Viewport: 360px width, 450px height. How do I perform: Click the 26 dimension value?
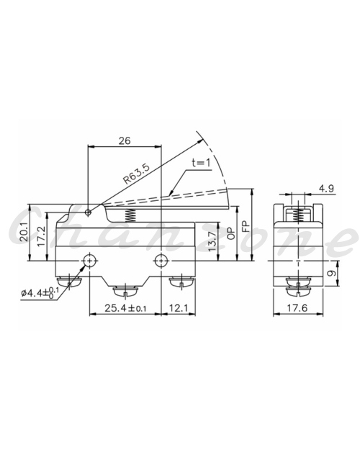pos(125,140)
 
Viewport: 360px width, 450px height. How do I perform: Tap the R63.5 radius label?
pos(137,174)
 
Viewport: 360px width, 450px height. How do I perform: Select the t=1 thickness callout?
pos(201,163)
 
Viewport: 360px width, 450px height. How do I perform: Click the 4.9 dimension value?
pos(326,189)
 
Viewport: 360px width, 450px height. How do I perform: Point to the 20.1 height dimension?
pos(24,232)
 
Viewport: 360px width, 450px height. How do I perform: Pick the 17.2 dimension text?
pos(41,236)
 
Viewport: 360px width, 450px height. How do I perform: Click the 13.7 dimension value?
pos(212,242)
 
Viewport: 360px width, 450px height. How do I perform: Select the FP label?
pos(246,226)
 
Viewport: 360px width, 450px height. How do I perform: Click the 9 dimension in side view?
pos(332,273)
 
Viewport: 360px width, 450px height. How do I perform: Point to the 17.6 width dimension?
pos(297,308)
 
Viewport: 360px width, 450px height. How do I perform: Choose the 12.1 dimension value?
pos(179,308)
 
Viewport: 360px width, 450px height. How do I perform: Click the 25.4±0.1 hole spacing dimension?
pos(125,308)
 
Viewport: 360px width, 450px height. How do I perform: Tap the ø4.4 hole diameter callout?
pos(40,292)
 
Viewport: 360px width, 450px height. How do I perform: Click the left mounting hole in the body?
pos(89,261)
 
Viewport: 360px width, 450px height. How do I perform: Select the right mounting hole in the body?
pos(161,261)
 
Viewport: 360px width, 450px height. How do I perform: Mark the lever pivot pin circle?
pos(89,212)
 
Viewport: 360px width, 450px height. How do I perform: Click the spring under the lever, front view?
pos(130,215)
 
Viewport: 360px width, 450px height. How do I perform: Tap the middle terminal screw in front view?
pos(125,292)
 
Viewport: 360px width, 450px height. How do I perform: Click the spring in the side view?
pos(298,214)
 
